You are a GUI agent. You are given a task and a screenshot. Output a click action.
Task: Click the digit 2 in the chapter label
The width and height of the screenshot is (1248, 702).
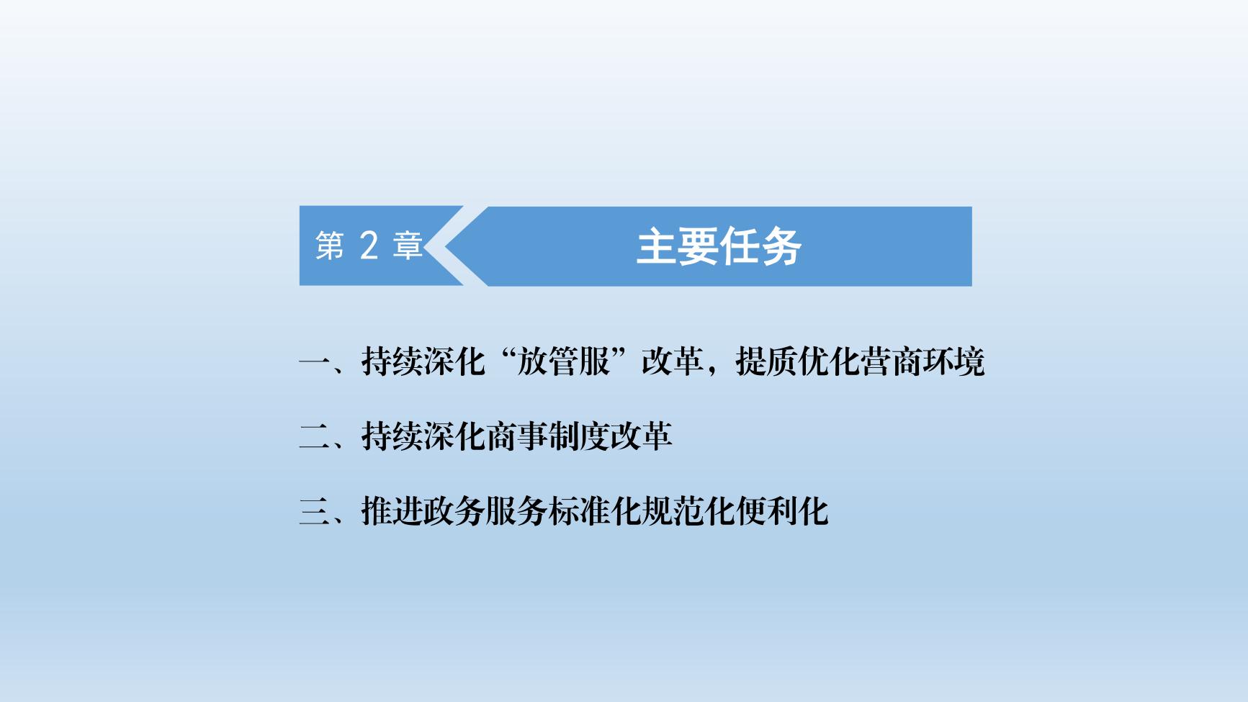coord(368,246)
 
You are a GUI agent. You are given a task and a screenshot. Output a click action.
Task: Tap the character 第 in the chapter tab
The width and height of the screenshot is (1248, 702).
coord(330,246)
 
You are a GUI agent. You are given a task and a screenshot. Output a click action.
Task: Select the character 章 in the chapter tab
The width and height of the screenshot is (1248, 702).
coord(408,246)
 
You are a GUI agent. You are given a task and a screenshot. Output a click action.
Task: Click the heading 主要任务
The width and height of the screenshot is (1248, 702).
coord(719,247)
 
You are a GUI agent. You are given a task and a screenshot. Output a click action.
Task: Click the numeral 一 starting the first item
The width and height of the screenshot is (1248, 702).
coord(314,362)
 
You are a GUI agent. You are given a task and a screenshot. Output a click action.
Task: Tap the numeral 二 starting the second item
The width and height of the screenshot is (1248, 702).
coord(314,437)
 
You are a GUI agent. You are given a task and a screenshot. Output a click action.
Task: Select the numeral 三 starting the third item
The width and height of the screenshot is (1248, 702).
coord(314,512)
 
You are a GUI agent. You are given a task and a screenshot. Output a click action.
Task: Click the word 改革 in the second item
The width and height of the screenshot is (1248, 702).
coord(641,436)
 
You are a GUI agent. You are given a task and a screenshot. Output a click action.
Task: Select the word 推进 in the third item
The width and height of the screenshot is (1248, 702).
coord(392,511)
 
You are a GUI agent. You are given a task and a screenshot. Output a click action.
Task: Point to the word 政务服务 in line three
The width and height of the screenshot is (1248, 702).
coord(485,511)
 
